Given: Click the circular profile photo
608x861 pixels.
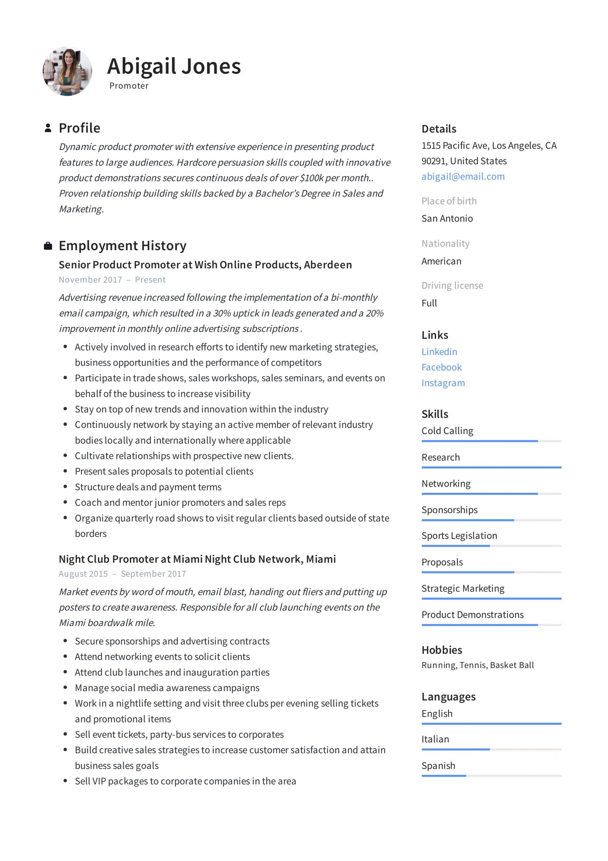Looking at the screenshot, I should pos(67,71).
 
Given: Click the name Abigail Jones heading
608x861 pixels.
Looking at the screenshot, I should pos(173,66).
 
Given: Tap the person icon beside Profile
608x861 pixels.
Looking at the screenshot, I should pos(48,128).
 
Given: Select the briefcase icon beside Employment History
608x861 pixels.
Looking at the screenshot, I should pos(48,246).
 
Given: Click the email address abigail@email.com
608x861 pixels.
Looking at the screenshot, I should pos(462,177).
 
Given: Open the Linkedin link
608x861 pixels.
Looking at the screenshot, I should pos(439,352).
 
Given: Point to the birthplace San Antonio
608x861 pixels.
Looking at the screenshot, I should pos(447,218).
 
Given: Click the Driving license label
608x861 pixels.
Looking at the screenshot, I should pos(452,286).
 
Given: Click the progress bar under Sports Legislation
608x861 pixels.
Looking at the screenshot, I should pos(491,546).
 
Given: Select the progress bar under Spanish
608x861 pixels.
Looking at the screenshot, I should pos(491,776).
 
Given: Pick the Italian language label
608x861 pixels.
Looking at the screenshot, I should pos(435,739).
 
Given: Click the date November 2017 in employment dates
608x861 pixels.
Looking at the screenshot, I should pos(90,280).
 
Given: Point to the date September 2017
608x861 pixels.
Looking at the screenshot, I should pos(153,574).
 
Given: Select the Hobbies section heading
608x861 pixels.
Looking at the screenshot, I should pos(442,650).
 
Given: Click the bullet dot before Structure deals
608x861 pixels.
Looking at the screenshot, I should pos(65,487).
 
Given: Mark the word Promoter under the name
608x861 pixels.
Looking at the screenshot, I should pos(129,86).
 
